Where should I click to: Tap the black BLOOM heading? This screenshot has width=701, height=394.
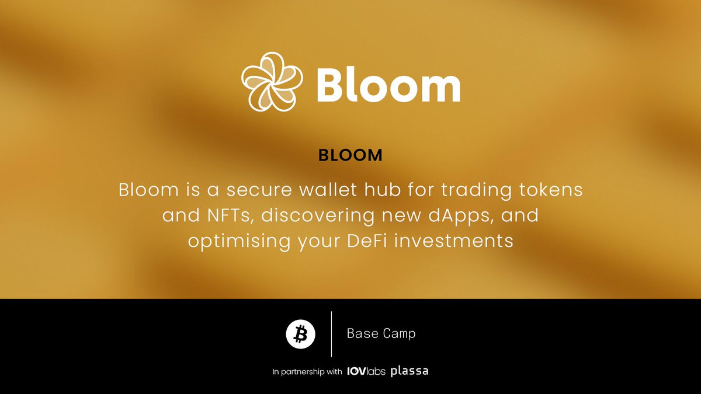point(350,155)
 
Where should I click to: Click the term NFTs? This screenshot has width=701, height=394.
point(226,215)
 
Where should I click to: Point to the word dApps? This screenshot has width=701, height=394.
point(456,216)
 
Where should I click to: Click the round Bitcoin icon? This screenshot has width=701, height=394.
point(301,334)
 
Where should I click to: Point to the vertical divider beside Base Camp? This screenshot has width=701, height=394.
point(331,334)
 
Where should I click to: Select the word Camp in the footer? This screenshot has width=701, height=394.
point(398,334)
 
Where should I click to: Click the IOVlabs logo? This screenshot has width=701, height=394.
point(366,371)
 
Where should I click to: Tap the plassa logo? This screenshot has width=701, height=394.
point(410,371)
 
